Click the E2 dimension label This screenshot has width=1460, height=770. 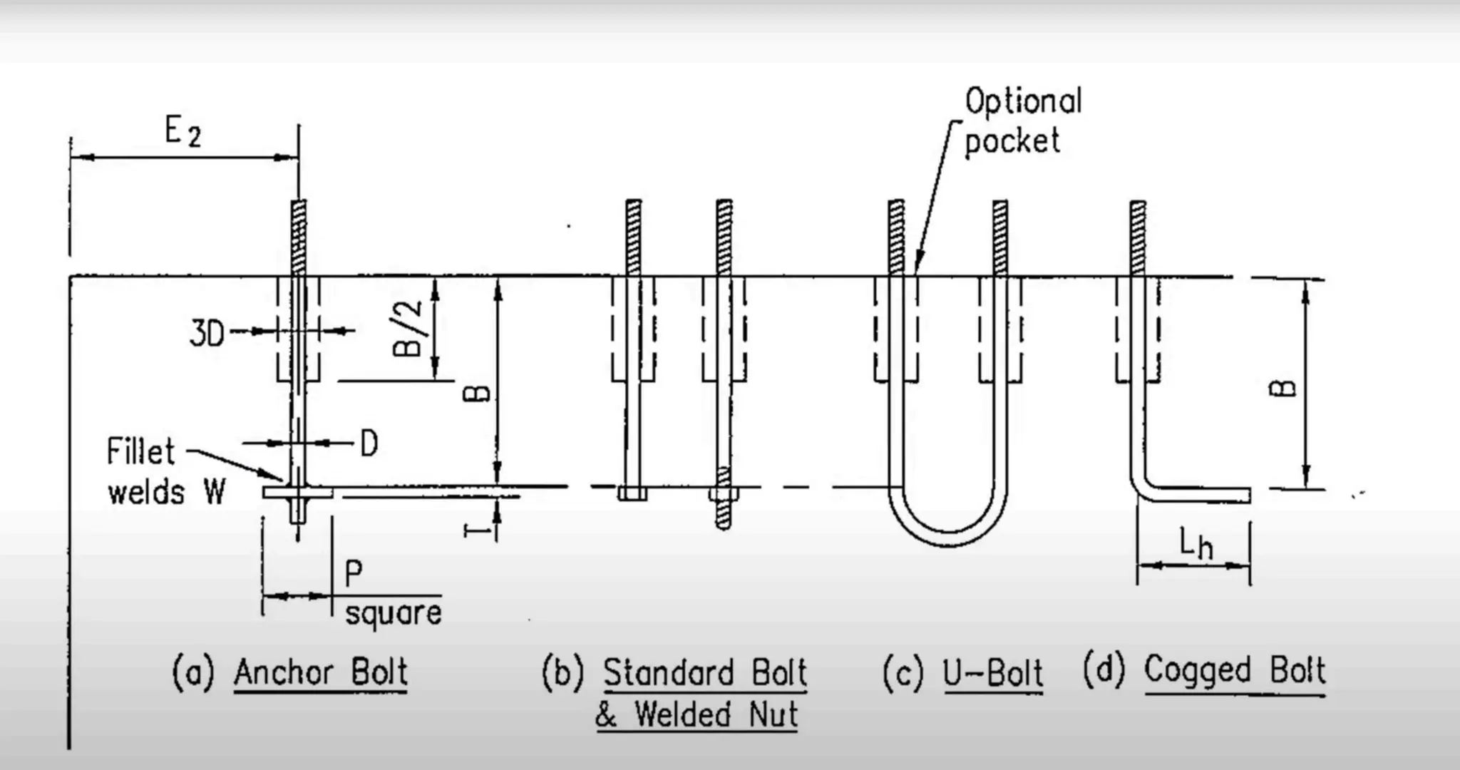point(182,133)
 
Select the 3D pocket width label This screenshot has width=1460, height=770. point(207,333)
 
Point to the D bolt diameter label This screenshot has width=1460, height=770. point(369,444)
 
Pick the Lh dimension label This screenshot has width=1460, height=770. point(1195,545)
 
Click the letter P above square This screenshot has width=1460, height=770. point(354,573)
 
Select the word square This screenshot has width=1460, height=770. point(393,614)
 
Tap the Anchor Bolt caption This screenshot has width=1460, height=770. point(321,672)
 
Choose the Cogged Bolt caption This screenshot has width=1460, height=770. point(1234,670)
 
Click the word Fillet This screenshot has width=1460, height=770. point(140,452)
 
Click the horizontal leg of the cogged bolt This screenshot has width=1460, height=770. point(1198,495)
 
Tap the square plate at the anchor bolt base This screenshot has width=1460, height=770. point(297,493)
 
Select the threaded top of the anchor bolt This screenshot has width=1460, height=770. point(299,235)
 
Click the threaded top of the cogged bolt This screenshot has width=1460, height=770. point(1138,235)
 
